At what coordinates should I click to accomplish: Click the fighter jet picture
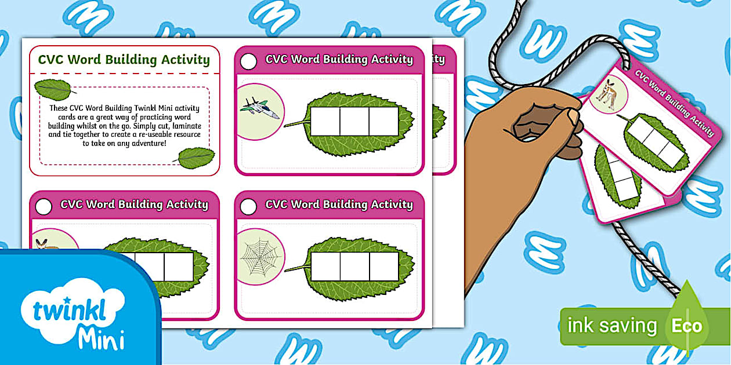[x=259, y=108]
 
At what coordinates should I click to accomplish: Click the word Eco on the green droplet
[x=686, y=326]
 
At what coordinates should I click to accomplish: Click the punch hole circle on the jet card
[x=248, y=61]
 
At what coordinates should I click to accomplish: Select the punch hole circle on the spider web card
[x=248, y=206]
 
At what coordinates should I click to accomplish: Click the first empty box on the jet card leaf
[x=325, y=121]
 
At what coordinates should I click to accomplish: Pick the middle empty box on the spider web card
[x=354, y=267]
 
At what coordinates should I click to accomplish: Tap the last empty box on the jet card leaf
[x=383, y=121]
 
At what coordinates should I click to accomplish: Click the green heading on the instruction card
[x=124, y=60]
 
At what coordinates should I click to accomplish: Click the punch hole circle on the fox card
[x=44, y=206]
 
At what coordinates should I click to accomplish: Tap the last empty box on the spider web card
[x=383, y=267]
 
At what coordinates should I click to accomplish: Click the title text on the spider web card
[x=339, y=205]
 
